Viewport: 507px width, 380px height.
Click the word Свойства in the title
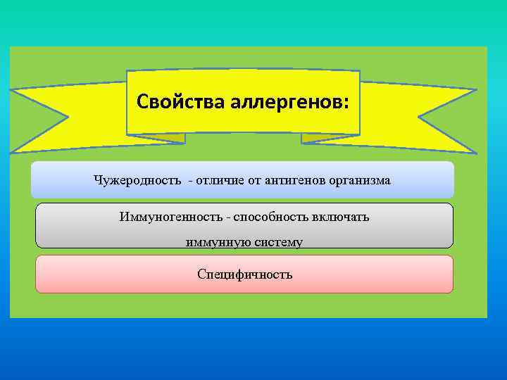click(180, 101)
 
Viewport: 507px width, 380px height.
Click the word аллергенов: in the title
click(288, 101)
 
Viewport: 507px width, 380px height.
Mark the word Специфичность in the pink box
click(245, 274)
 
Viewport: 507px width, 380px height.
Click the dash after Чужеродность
click(189, 181)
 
